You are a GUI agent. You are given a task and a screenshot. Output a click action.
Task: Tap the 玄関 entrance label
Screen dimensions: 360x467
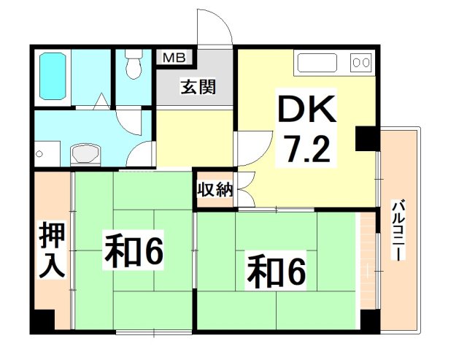point(198,87)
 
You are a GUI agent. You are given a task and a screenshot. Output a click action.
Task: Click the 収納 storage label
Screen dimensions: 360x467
point(215,190)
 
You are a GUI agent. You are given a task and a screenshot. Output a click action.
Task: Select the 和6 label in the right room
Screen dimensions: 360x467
point(275,270)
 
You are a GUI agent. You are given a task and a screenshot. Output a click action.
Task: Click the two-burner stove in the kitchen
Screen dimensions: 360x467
point(360,62)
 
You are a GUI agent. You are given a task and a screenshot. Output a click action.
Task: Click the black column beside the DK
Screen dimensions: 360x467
point(364,139)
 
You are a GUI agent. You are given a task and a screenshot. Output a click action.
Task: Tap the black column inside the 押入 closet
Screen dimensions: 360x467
point(43,319)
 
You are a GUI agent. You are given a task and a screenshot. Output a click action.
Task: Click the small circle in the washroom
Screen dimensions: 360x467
point(40,155)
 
